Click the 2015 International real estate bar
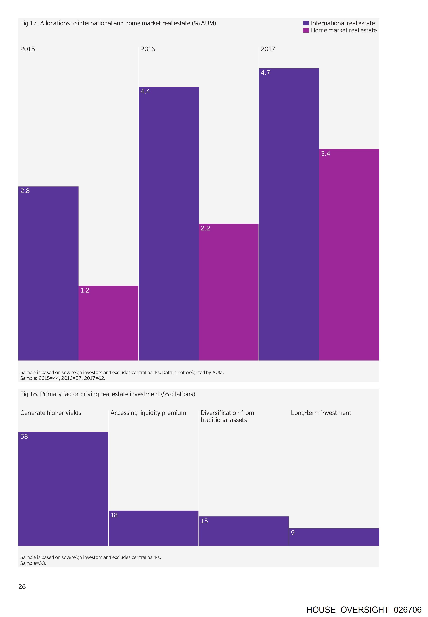click(x=48, y=273)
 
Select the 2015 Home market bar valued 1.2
click(x=108, y=323)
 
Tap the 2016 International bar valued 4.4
click(x=169, y=224)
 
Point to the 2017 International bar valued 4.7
click(x=289, y=214)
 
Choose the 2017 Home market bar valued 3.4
click(x=349, y=255)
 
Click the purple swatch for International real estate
click(x=306, y=23)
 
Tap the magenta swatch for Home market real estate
click(x=306, y=31)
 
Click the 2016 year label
click(x=148, y=49)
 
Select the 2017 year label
click(x=268, y=49)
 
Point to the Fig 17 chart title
click(x=118, y=23)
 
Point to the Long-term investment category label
click(x=321, y=413)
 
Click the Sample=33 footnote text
click(x=33, y=563)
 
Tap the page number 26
click(x=22, y=586)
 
